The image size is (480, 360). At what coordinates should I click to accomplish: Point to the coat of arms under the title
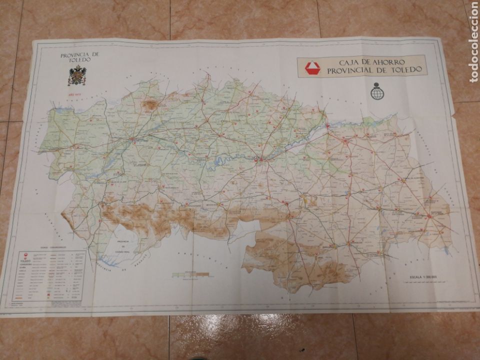tap(76, 75)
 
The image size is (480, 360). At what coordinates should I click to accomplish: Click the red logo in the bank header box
tap(312, 67)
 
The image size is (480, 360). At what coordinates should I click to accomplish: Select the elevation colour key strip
tap(190, 274)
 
